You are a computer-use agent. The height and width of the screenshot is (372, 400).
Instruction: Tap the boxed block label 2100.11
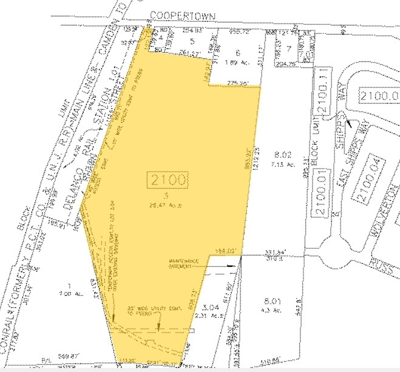coord(322,92)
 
